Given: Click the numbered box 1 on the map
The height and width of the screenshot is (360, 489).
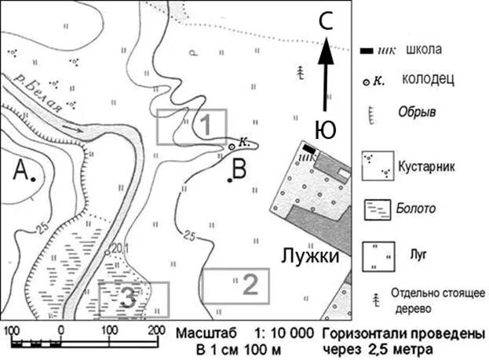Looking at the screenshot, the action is point(192,126).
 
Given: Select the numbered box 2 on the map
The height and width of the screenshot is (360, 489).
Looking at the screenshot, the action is point(235,285).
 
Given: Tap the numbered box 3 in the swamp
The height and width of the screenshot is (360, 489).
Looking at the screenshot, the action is point(133,298).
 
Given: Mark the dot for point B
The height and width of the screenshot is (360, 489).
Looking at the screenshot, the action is point(229,180).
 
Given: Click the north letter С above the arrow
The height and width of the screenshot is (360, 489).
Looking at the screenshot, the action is point(327,23).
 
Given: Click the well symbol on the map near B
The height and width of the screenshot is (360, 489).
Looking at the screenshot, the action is point(232,147).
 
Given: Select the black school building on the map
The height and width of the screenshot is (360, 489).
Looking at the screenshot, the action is point(310,148).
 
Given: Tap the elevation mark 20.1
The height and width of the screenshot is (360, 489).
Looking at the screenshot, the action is point(119,249).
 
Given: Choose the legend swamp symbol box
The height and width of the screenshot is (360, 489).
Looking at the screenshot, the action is point(377,209).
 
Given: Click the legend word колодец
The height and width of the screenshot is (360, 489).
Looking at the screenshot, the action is point(427,79).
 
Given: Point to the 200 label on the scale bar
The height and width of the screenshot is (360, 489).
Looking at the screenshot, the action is point(157,329).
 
